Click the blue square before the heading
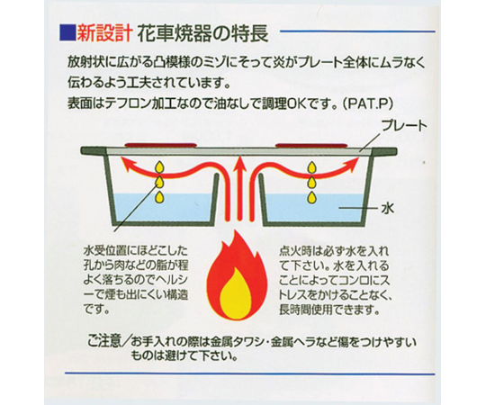pos(67,32)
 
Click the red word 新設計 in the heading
pos(104,32)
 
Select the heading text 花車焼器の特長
pos(202,33)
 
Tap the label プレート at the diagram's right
pos(404,126)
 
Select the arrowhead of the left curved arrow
pos(128,164)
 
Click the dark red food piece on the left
pos(160,145)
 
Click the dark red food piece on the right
pos(310,145)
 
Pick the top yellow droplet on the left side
pos(159,167)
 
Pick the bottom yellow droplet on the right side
pos(310,197)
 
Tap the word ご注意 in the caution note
pos(103,342)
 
